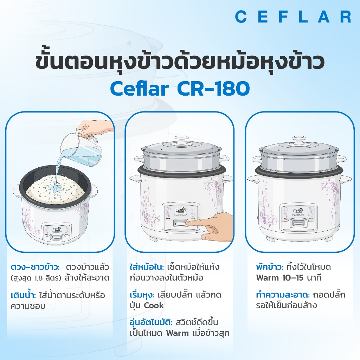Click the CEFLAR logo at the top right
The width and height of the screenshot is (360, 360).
click(293, 17)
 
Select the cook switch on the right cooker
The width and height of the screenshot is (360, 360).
click(298, 223)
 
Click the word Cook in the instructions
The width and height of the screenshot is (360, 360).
click(154, 306)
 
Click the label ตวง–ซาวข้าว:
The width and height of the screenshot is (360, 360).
click(36, 267)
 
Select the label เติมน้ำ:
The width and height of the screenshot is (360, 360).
click(24, 295)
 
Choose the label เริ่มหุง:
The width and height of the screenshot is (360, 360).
click(142, 295)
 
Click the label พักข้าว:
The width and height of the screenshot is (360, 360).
click(270, 267)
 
